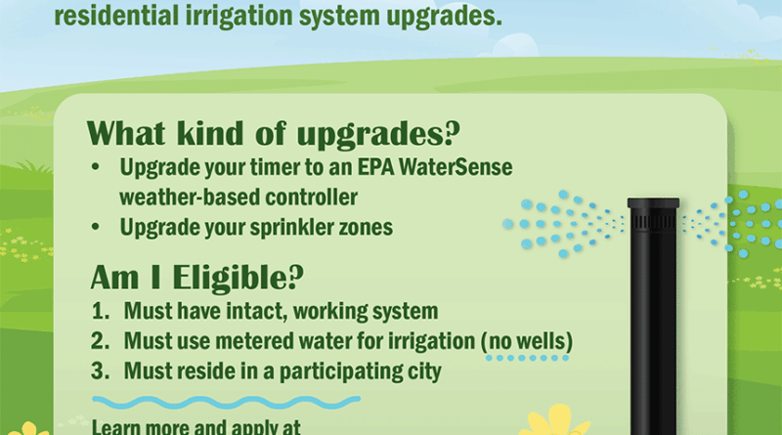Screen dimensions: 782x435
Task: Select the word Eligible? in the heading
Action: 239,278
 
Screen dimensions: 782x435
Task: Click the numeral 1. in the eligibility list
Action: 101,311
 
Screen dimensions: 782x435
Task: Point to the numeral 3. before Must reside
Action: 101,371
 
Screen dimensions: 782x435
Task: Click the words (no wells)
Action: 527,342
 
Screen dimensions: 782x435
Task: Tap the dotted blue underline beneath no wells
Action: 527,358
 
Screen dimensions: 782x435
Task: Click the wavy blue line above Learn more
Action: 226,402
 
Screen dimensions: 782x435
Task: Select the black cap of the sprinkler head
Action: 653,203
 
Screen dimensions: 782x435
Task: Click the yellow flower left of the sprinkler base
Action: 554,422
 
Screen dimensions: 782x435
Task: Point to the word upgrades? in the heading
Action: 378,134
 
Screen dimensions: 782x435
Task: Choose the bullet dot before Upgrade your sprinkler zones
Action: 96,227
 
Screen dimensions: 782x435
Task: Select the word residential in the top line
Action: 116,15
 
